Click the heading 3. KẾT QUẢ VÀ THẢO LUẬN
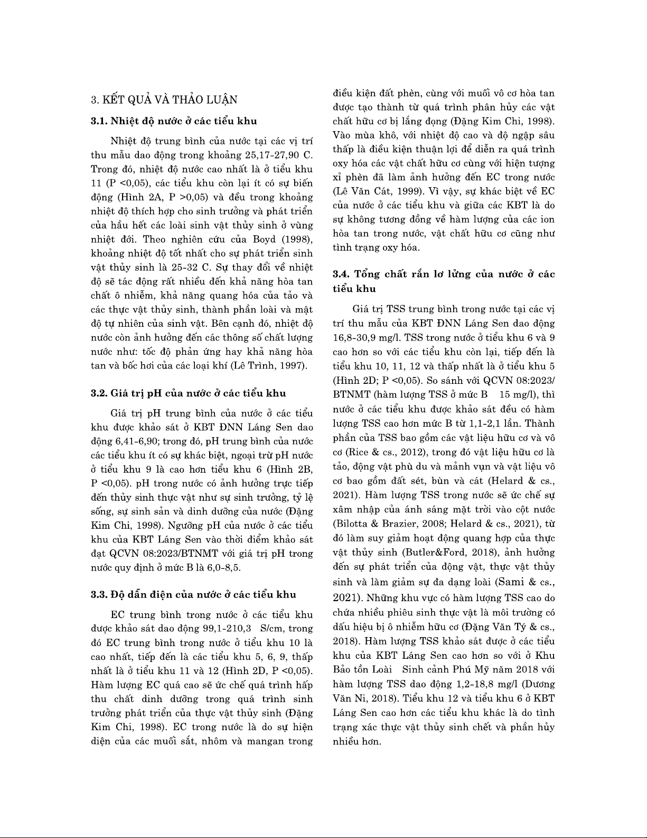coord(164,99)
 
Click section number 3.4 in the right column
coord(341,274)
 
